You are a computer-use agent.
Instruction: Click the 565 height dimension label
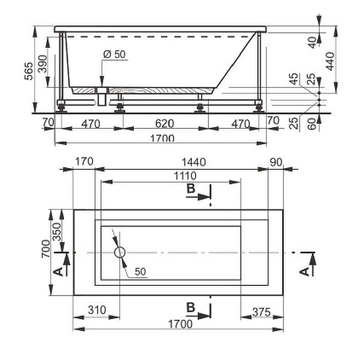pos(29,71)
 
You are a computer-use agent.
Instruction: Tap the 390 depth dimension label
pos(43,64)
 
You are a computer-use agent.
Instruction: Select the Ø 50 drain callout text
pos(115,54)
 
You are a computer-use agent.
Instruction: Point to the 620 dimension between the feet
pos(165,123)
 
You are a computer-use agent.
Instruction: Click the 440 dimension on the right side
pos(330,61)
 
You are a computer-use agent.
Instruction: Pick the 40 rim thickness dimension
pos(313,42)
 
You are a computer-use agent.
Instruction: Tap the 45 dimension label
pos(294,79)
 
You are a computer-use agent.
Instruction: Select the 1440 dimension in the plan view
pos(194,162)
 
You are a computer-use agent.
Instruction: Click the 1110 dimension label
pos(185,176)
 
